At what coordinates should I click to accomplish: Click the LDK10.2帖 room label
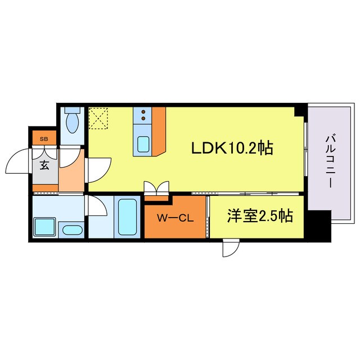pyautogui.click(x=232, y=148)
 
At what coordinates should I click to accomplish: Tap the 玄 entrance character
pyautogui.click(x=44, y=166)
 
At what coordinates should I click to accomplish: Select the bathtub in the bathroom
pyautogui.click(x=128, y=217)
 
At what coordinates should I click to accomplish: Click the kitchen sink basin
pyautogui.click(x=143, y=145)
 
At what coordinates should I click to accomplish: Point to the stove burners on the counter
pyautogui.click(x=143, y=116)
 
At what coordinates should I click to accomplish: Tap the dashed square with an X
pyautogui.click(x=100, y=119)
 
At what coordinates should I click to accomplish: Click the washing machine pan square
pyautogui.click(x=44, y=226)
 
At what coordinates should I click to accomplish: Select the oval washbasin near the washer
pyautogui.click(x=71, y=229)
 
